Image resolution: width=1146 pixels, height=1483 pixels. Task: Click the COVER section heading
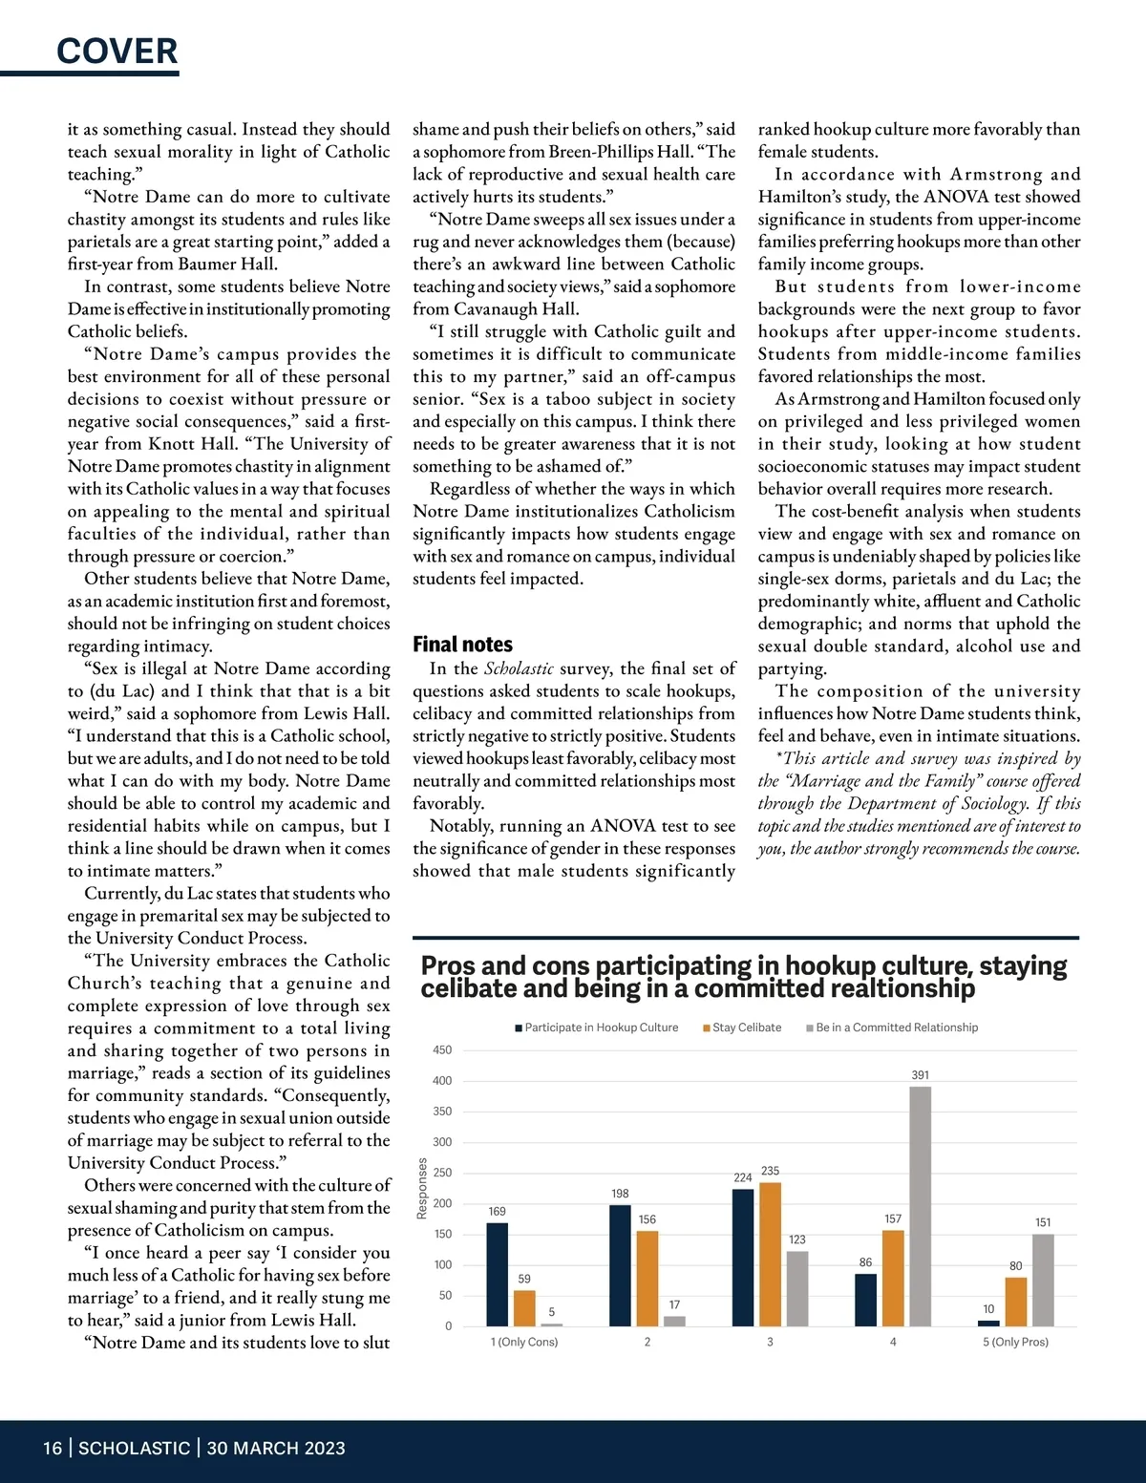(x=117, y=51)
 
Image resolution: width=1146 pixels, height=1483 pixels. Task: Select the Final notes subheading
(x=462, y=645)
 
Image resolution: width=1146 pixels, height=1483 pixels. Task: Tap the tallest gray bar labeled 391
(x=920, y=1205)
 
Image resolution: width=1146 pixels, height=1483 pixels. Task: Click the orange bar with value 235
(x=770, y=1254)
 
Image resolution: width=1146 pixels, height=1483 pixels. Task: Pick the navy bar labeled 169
(x=497, y=1274)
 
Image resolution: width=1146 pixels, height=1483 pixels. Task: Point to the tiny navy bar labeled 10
(x=988, y=1324)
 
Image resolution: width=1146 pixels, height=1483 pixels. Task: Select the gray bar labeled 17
(x=674, y=1321)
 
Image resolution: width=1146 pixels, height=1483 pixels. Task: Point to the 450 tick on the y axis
(x=442, y=1050)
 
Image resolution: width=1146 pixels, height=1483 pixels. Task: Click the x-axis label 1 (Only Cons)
(x=524, y=1342)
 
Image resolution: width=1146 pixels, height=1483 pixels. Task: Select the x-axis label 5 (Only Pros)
(x=1015, y=1342)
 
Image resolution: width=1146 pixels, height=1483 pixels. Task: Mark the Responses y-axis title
(x=422, y=1188)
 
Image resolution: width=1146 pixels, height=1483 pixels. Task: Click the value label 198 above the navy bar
(x=620, y=1194)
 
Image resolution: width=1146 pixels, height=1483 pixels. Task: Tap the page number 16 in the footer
(x=53, y=1449)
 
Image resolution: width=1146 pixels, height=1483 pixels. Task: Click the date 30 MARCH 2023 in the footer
(x=276, y=1449)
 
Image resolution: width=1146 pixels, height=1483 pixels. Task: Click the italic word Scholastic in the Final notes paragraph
(x=519, y=668)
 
